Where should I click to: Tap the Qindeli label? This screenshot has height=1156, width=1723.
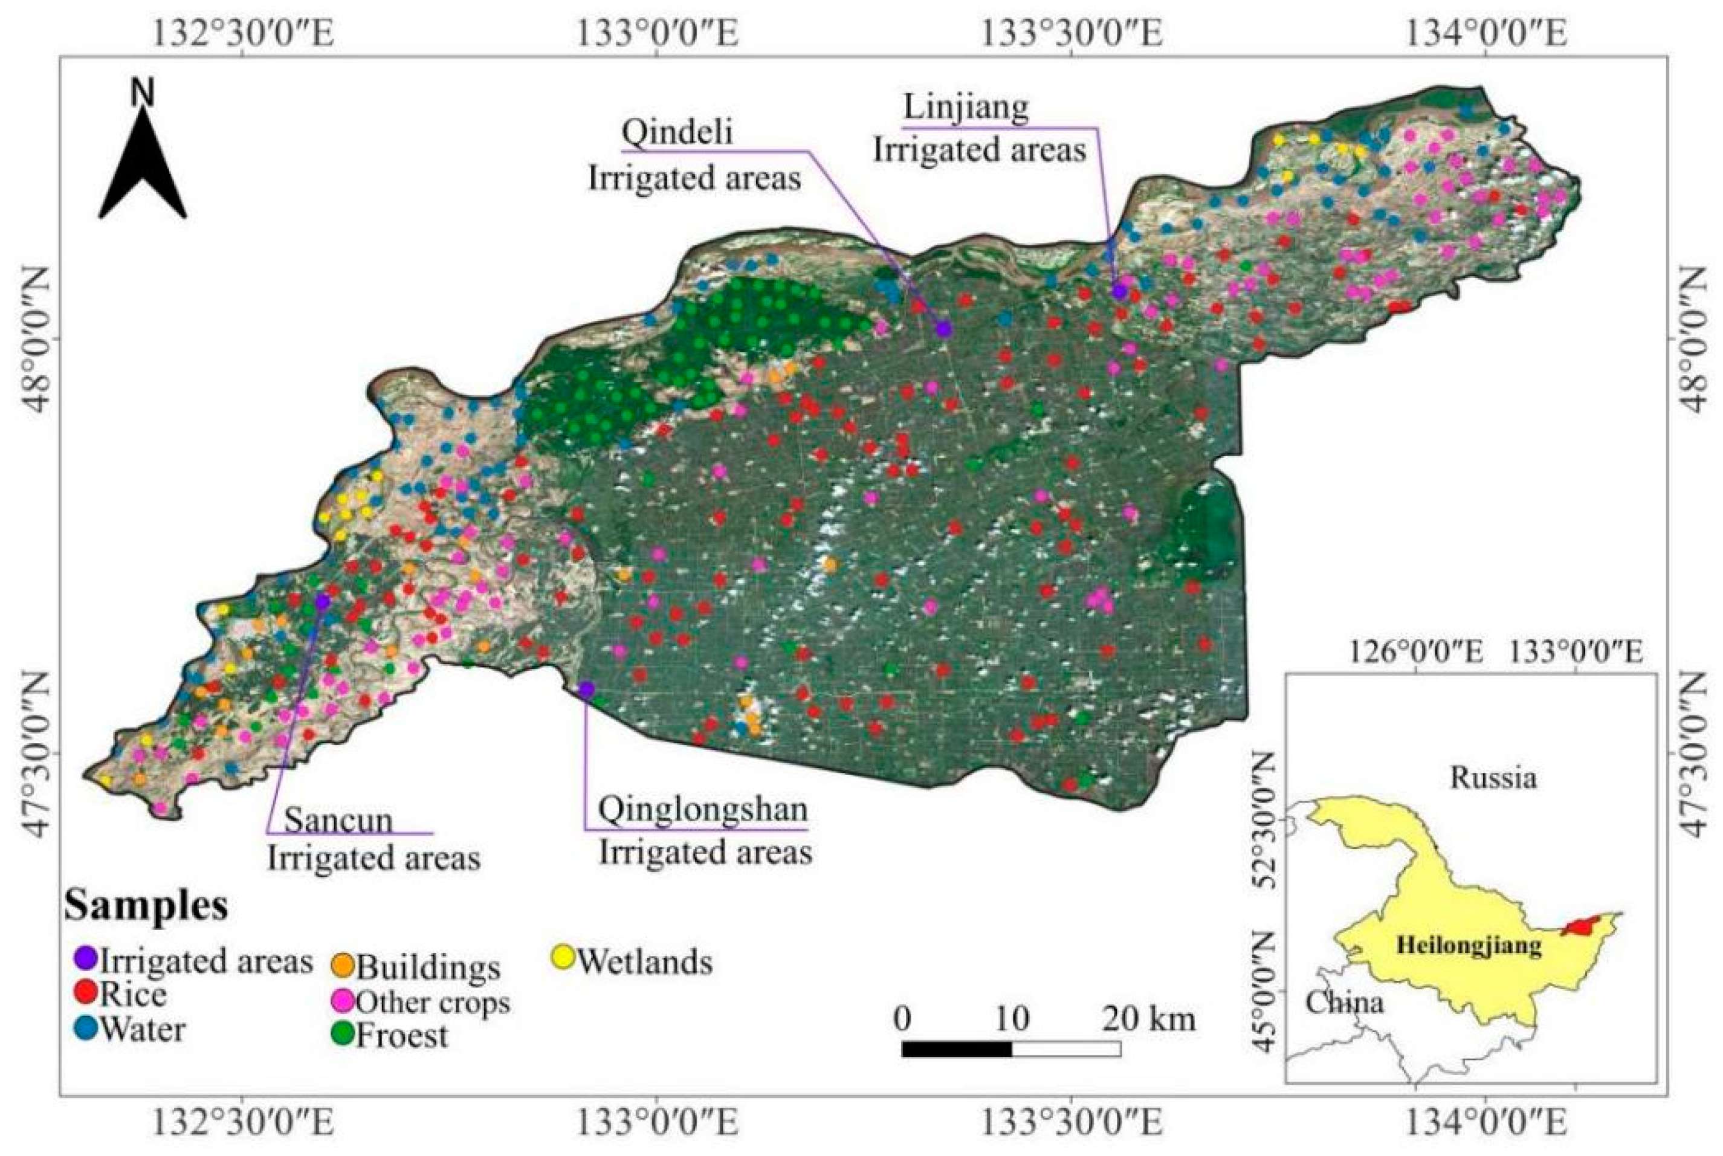click(x=677, y=133)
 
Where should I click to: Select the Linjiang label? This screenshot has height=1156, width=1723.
click(x=965, y=108)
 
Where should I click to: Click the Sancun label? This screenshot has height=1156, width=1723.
click(x=338, y=821)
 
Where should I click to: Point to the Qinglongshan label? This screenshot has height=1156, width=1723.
click(x=702, y=810)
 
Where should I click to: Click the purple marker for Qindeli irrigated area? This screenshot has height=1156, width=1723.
click(x=944, y=329)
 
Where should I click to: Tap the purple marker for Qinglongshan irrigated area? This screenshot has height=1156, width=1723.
click(x=586, y=689)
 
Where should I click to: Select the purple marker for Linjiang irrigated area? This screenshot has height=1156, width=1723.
click(x=1119, y=291)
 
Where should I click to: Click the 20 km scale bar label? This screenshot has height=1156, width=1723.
click(x=1149, y=1019)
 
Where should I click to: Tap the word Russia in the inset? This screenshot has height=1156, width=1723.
click(x=1493, y=778)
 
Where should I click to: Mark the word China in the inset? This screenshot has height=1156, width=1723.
click(x=1344, y=1003)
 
